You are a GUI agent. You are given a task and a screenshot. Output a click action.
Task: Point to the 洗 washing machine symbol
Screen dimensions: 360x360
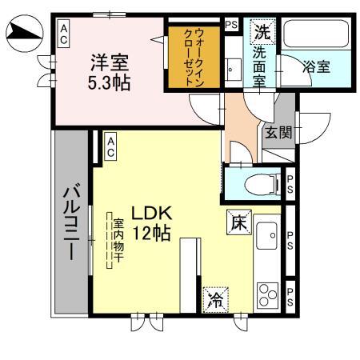coord(262,34)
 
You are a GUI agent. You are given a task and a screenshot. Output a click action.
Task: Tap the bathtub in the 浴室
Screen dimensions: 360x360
coord(316,37)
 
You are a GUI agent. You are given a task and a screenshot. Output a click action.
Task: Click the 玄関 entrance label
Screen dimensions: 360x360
coord(279,132)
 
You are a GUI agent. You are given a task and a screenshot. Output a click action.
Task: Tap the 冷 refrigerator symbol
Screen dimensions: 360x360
coord(215,299)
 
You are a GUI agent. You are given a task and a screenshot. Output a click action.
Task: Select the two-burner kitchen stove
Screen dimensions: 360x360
coord(266,294)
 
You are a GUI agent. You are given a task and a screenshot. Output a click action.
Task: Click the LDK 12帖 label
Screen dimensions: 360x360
coord(150,224)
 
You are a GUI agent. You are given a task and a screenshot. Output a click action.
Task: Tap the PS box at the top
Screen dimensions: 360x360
coord(231,25)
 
